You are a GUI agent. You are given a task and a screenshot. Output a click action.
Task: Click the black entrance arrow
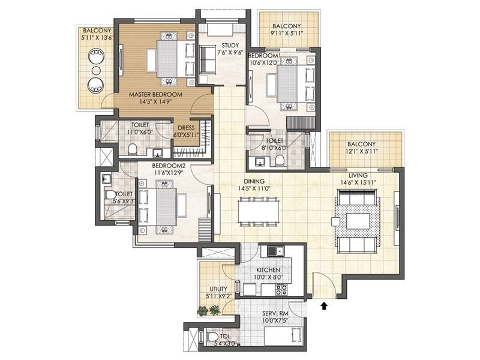324,306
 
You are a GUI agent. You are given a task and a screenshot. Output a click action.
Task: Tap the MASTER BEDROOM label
155,95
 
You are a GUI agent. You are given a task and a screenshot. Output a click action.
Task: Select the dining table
259,212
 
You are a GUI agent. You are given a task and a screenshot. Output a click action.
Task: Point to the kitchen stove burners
281,290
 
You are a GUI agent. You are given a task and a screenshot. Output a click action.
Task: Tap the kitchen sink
275,251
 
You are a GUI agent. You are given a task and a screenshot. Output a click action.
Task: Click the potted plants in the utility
209,310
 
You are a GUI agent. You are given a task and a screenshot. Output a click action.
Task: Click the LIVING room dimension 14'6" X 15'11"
358,182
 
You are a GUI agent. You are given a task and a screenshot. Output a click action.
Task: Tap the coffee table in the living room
358,221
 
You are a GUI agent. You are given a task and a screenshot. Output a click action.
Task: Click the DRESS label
186,128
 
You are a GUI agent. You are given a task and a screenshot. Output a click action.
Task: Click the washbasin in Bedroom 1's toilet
260,161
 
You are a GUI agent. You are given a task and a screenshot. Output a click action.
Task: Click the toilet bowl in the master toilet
132,149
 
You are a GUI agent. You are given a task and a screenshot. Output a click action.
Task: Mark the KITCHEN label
268,270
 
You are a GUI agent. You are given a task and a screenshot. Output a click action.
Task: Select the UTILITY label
218,289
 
